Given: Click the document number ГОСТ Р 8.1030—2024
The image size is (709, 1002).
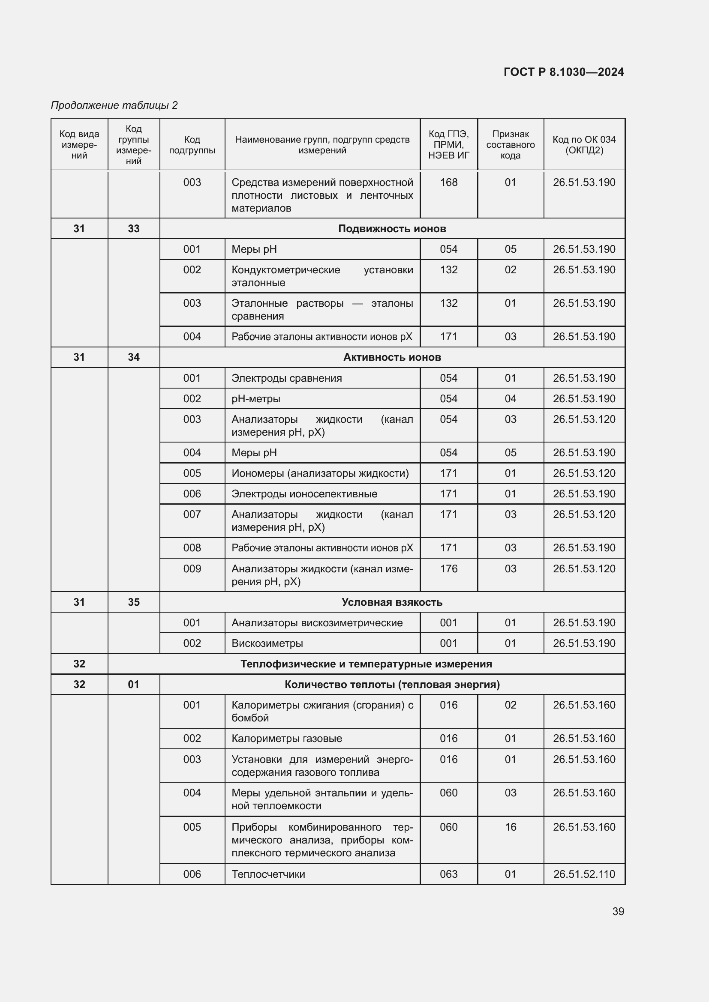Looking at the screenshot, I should click(563, 72).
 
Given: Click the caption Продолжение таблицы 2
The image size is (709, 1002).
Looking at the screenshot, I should click(114, 105).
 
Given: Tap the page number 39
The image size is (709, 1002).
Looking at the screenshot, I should click(618, 911).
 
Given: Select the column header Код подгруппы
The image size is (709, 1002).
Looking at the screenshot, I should click(192, 145).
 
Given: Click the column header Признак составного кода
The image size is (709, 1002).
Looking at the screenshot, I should click(510, 145).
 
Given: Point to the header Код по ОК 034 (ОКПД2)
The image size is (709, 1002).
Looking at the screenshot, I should click(584, 145).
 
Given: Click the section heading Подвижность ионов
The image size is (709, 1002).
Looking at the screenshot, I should click(392, 229).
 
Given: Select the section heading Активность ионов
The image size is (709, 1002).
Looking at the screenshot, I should click(392, 357).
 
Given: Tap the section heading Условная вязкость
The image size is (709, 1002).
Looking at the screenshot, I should click(392, 602).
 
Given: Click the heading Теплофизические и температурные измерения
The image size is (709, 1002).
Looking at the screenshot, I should click(366, 664).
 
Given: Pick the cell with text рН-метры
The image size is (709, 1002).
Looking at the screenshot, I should click(256, 399).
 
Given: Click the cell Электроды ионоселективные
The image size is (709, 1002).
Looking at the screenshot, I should click(304, 494).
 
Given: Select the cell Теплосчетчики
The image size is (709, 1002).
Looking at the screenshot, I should click(268, 874).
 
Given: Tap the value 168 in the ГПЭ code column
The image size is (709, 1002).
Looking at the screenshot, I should click(448, 182).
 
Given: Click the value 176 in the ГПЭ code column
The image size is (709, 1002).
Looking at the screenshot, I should click(448, 568).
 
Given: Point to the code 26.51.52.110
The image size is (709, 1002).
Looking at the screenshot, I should click(584, 874).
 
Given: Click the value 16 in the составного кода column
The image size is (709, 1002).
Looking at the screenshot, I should click(510, 827).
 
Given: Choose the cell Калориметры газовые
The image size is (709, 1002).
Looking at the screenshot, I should click(286, 739).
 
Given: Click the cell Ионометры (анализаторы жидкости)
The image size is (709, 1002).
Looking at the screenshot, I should click(320, 473).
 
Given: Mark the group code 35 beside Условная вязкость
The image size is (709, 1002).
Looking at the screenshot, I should click(134, 602).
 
